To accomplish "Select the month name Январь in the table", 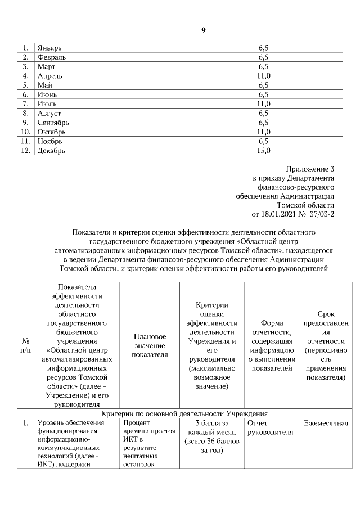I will coord(50,48).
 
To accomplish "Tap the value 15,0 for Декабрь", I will coord(263,150).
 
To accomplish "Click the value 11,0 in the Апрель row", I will coord(263,75).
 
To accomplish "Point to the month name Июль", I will coord(47,103).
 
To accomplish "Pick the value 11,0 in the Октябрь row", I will coord(263,132).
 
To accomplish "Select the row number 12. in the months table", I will coord(25,150).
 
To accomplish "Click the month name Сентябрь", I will coord(53,122).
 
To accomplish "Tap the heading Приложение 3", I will coord(310,169).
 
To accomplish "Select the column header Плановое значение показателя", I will coord(150,345).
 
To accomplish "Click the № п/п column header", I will coord(25,345).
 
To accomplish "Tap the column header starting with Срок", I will coord(326,345).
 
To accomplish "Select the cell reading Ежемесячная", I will coord(326,423).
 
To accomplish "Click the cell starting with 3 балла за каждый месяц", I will coord(211,436).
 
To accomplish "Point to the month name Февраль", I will coord(51,57).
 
